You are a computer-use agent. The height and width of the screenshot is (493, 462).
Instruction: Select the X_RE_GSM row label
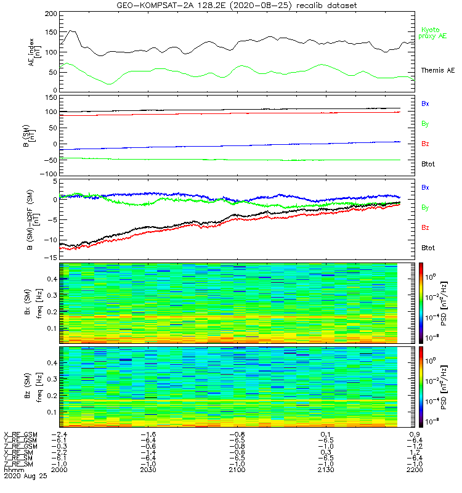pyautogui.click(x=20, y=434)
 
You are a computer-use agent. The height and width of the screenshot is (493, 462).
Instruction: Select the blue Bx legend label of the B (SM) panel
pyautogui.click(x=425, y=104)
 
